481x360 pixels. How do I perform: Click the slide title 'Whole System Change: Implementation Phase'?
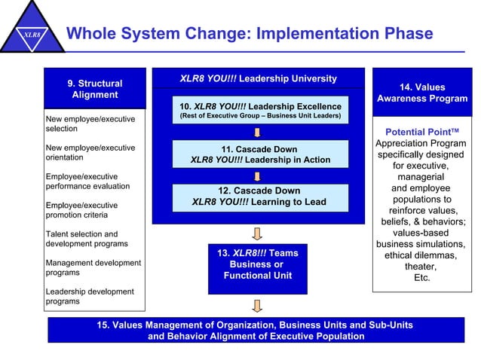[x=250, y=34]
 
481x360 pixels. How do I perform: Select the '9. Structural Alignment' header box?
[x=95, y=89]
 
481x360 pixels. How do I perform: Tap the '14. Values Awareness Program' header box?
[x=422, y=93]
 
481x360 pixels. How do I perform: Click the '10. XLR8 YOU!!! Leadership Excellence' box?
[x=259, y=111]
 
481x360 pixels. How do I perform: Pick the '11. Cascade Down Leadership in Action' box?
[x=259, y=154]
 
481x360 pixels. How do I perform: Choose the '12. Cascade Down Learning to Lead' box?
[x=259, y=197]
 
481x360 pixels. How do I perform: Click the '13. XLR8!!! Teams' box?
[x=258, y=269]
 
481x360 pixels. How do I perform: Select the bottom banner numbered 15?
[x=256, y=331]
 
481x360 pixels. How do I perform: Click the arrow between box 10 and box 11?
[x=258, y=133]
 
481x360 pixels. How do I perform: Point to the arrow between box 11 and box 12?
[x=258, y=176]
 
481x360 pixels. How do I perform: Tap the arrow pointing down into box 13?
[x=258, y=233]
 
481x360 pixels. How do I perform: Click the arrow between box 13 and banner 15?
[x=258, y=305]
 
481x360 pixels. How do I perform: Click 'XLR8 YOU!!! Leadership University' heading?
[x=259, y=78]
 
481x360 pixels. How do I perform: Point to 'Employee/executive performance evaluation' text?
[x=87, y=182]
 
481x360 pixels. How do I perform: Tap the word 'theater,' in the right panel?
[x=421, y=266]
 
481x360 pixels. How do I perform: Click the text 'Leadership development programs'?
[x=90, y=297]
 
